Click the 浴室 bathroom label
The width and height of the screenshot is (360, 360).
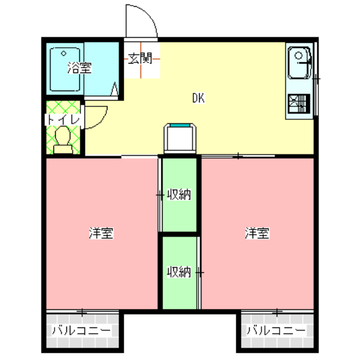[x=79, y=69]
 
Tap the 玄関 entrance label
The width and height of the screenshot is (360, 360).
[x=139, y=58]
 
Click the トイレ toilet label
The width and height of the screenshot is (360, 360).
[x=64, y=120]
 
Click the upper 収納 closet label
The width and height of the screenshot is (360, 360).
[x=180, y=195]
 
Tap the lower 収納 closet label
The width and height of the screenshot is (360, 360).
[x=180, y=273]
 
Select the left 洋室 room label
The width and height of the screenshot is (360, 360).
[x=101, y=233]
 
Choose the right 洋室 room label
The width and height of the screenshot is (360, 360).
[x=256, y=233]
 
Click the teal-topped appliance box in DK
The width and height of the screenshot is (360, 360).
[x=181, y=137]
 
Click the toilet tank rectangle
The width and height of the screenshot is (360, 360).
[x=62, y=149]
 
